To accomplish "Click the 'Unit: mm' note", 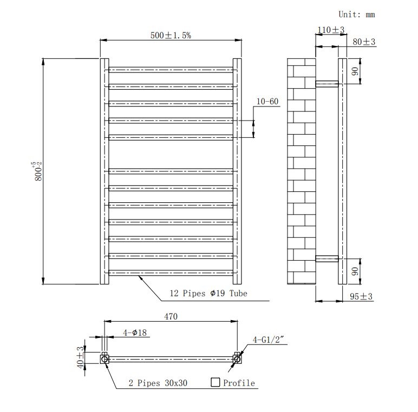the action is click(x=356, y=15).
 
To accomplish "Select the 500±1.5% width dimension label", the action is click(x=171, y=35).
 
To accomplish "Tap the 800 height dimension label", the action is click(x=37, y=171).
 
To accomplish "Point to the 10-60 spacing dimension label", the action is click(x=267, y=102).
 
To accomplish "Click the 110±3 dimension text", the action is click(x=331, y=30).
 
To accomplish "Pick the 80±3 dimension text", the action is click(x=364, y=42).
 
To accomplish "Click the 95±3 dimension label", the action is click(x=361, y=296).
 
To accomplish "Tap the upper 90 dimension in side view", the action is click(x=355, y=71).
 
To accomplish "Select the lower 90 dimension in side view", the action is click(x=355, y=271).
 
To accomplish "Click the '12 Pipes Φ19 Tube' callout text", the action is click(x=208, y=293).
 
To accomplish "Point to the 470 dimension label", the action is click(x=171, y=316).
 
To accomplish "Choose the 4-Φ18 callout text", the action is click(x=135, y=333).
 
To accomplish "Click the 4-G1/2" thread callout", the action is click(x=268, y=340).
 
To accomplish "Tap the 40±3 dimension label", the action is click(x=80, y=357).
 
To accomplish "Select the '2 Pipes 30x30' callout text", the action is click(x=158, y=383).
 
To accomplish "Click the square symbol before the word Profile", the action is click(x=215, y=382).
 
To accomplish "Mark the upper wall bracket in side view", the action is click(x=327, y=84).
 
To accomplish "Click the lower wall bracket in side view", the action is click(x=327, y=258).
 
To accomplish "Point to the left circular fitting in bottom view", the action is click(x=104, y=360).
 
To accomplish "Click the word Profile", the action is click(x=239, y=383).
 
